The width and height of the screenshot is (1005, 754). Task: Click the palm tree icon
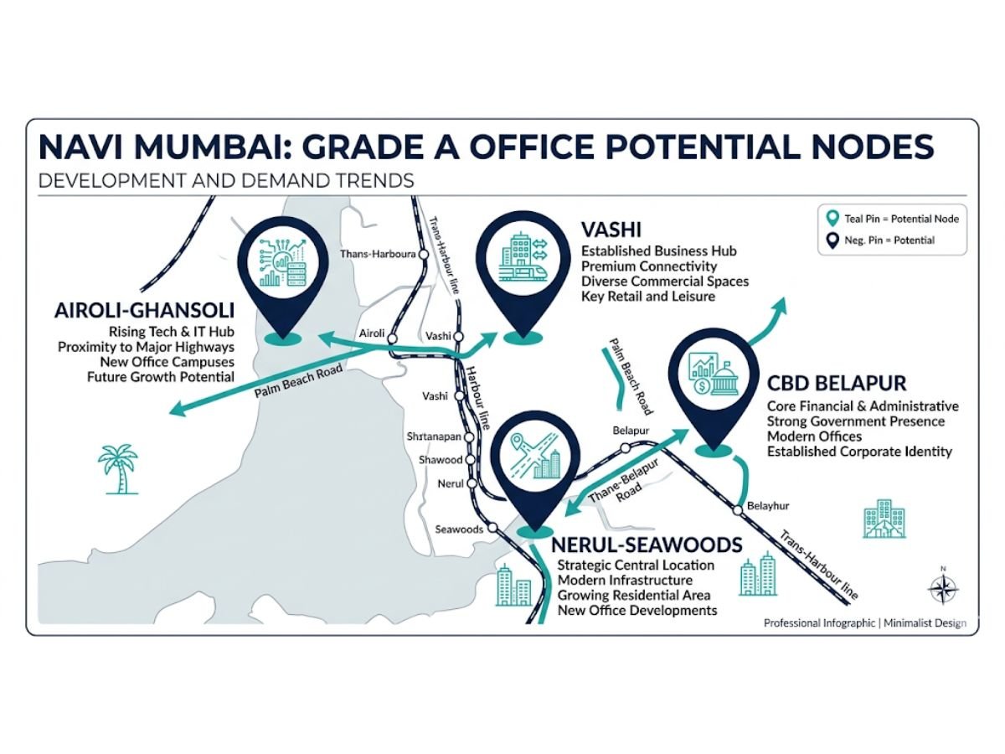pyautogui.click(x=117, y=468)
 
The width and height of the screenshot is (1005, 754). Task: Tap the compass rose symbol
pyautogui.click(x=942, y=588)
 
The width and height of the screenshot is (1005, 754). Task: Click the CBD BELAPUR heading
pyautogui.click(x=837, y=384)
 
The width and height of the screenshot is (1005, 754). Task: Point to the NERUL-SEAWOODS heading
pyautogui.click(x=646, y=545)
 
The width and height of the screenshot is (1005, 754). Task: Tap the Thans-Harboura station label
pyautogui.click(x=378, y=254)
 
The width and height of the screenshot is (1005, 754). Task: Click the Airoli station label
pyautogui.click(x=371, y=333)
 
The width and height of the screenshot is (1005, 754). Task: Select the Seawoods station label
pyautogui.click(x=459, y=529)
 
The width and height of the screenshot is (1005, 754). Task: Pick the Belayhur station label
pyautogui.click(x=768, y=506)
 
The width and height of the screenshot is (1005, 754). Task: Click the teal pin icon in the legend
pyautogui.click(x=831, y=219)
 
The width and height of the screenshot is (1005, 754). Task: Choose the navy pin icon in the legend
pyautogui.click(x=831, y=240)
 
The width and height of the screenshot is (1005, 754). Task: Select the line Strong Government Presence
pyautogui.click(x=856, y=421)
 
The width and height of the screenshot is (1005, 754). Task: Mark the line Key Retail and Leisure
pyautogui.click(x=648, y=297)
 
